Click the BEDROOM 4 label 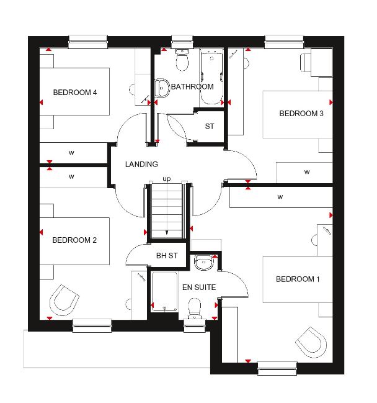tap(75, 93)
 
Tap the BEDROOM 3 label tap(301, 114)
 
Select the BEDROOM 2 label tap(74, 240)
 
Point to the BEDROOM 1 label tap(298, 279)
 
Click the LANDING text tap(141, 164)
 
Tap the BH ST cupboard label tap(167, 256)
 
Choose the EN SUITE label tap(199, 287)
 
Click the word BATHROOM tap(192, 87)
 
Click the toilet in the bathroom tap(182, 60)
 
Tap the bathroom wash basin tap(162, 88)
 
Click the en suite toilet tap(195, 308)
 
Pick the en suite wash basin tap(204, 262)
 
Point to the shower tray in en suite tap(164, 292)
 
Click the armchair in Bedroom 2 tap(64, 300)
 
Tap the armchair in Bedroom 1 tap(311, 342)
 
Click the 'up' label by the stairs tap(167, 179)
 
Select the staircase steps tap(167, 211)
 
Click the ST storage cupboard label tap(210, 127)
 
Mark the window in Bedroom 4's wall tap(88, 42)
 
